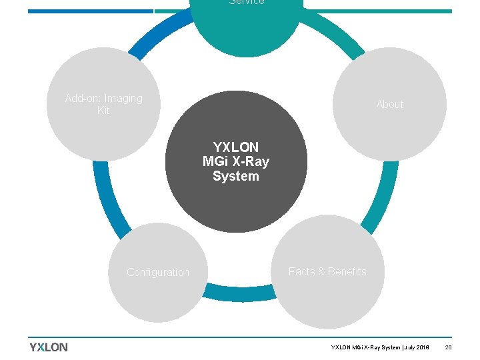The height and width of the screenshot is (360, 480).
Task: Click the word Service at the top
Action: (247, 3)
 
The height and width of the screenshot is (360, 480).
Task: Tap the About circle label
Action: (389, 105)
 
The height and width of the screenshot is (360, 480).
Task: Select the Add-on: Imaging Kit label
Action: (103, 105)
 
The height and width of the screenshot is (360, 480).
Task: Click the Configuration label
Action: (158, 273)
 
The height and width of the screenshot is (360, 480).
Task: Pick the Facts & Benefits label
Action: (327, 272)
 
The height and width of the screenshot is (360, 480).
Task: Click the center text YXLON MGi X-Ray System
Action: (236, 161)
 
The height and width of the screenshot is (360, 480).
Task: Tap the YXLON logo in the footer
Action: (49, 347)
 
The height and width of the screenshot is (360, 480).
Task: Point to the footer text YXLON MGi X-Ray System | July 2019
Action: (381, 348)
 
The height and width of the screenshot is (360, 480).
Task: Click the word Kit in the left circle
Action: (103, 111)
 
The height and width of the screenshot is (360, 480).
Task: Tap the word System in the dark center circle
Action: (236, 176)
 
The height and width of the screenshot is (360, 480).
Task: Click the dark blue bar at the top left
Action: (90, 11)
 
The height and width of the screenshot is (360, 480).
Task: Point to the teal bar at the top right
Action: (380, 11)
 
